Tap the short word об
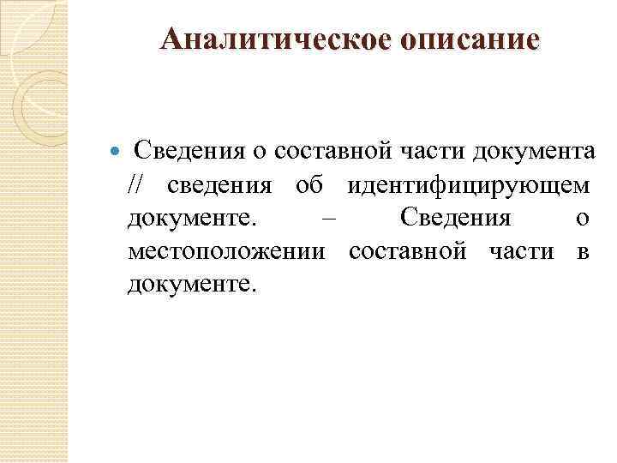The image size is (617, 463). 309,185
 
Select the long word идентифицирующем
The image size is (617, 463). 469,185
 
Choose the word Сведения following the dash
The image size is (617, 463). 455,219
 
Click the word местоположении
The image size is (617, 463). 226,251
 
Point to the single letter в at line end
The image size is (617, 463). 583,252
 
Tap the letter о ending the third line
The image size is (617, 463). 583,219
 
